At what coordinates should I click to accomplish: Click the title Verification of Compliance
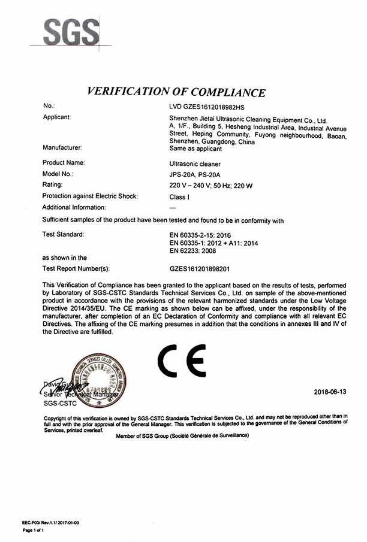click(x=176, y=92)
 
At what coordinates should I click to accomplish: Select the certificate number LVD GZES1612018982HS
click(x=207, y=107)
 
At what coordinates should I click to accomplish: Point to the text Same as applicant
click(x=195, y=149)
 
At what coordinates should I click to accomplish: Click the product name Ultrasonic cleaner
click(x=195, y=163)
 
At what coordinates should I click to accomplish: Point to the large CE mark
click(x=181, y=360)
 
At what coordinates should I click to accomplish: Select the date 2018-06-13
click(x=330, y=392)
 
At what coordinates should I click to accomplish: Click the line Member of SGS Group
click(x=182, y=435)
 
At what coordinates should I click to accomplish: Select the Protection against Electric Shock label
click(x=90, y=196)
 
